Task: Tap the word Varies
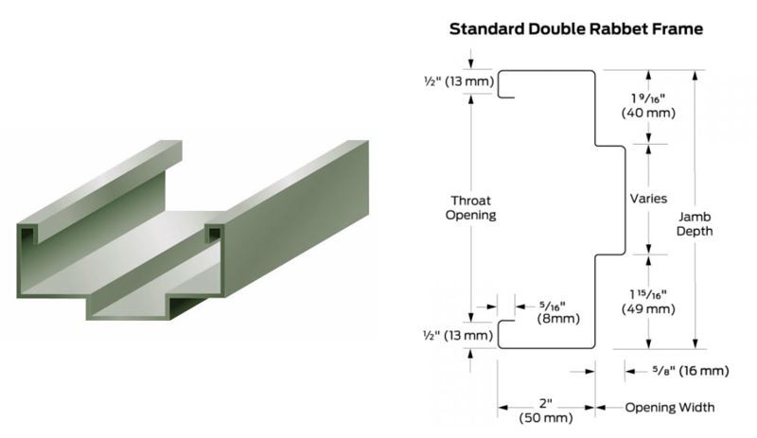(648, 200)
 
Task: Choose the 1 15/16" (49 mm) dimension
(647, 300)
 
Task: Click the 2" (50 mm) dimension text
(547, 409)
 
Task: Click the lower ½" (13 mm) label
(458, 335)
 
